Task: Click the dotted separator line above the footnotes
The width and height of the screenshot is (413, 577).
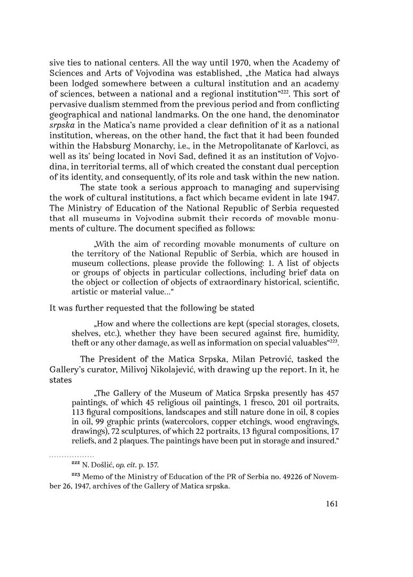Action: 72,456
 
